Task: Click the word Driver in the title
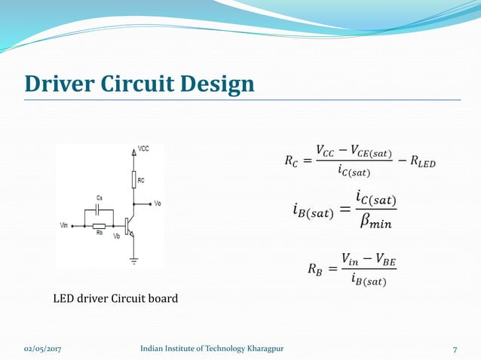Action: coord(59,84)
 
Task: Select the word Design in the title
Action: coord(218,84)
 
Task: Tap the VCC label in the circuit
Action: coord(143,149)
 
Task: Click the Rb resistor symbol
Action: coord(98,225)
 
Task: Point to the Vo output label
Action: coord(157,204)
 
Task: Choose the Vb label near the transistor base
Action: coord(116,236)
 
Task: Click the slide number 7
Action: coord(455,349)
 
